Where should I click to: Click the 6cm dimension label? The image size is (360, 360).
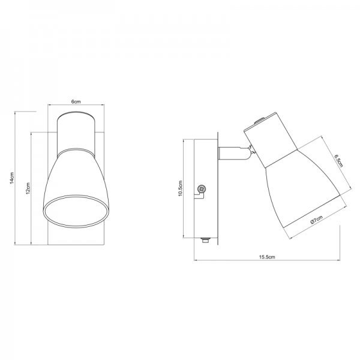76,101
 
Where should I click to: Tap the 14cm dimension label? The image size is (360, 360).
12,178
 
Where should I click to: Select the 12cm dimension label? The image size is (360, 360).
28,188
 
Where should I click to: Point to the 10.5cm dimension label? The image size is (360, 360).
180,188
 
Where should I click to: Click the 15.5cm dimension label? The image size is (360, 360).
267,257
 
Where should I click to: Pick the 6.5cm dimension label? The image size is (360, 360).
338,161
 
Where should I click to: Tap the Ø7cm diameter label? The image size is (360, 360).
316,220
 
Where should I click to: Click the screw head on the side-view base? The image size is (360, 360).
202,190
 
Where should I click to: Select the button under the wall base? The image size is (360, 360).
205,240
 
